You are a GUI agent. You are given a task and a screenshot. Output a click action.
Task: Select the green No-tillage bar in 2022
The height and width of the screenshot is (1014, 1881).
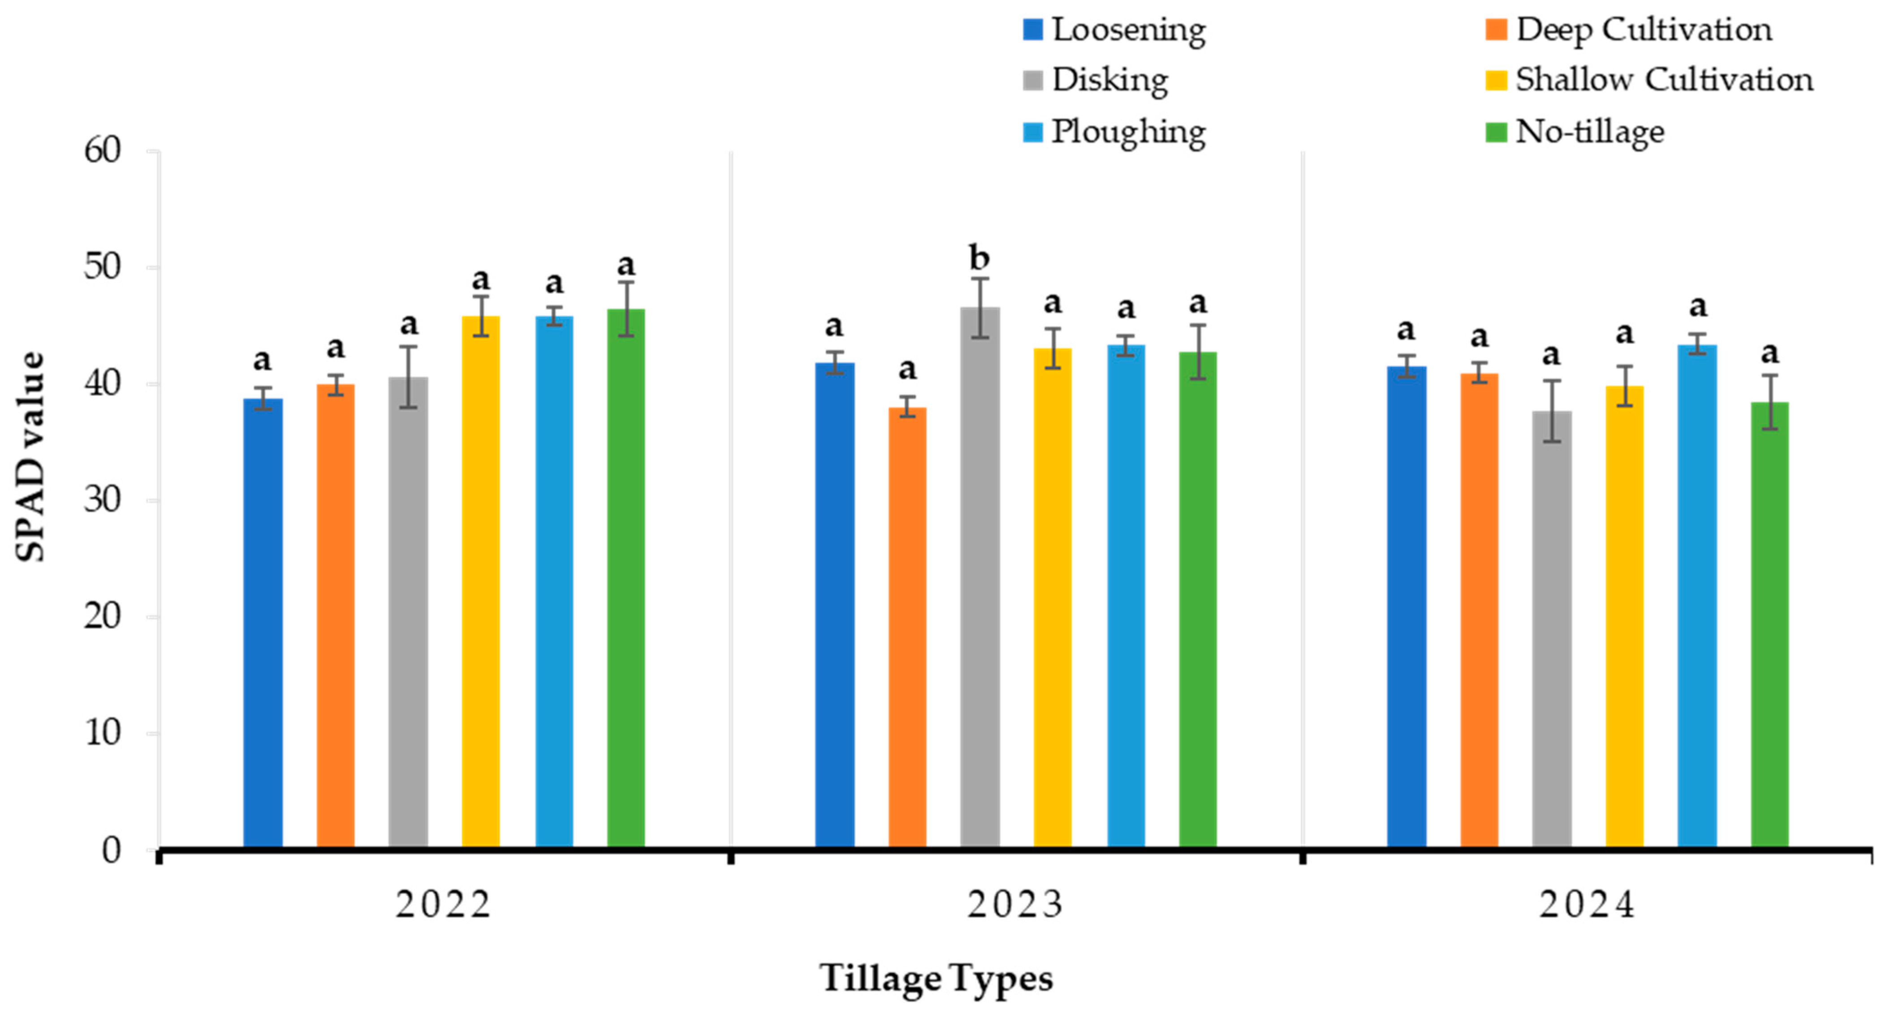coord(626,577)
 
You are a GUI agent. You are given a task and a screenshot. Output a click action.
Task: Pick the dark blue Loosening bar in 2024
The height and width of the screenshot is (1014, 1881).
coord(1406,606)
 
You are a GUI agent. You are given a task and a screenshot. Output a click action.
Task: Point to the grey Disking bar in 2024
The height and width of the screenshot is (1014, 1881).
coord(1552,628)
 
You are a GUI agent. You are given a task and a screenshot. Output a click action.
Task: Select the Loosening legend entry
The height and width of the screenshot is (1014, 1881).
coord(1128,30)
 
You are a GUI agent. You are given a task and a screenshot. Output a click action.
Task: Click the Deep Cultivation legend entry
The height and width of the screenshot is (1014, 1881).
coord(1643,30)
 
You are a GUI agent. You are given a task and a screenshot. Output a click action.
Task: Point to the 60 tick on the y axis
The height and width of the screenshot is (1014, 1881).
coord(102,150)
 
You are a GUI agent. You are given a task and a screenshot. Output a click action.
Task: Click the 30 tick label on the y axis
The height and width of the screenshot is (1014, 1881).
coord(102,500)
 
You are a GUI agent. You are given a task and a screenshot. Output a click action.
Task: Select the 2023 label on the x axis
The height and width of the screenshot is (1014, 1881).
coord(1015,905)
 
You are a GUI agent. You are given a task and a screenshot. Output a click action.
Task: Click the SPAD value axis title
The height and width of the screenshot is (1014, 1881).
coord(30,456)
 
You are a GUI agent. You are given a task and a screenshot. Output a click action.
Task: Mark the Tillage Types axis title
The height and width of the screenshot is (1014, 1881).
coord(936,978)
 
